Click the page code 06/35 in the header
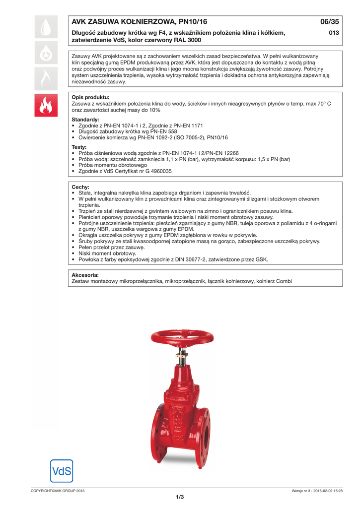pos(329,22)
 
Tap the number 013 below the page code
pos(334,33)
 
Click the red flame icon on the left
pos(46,105)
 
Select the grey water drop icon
pos(46,28)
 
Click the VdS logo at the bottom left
pos(62,470)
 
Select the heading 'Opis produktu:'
pos(90,97)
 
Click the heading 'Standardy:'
pos(85,120)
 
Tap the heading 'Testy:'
pos(79,147)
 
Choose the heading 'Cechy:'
pos(80,187)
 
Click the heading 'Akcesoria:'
pos(85,275)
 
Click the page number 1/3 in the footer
pos(180,497)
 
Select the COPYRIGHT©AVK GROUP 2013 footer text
pos(58,491)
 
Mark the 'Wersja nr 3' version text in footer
pos(302,491)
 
